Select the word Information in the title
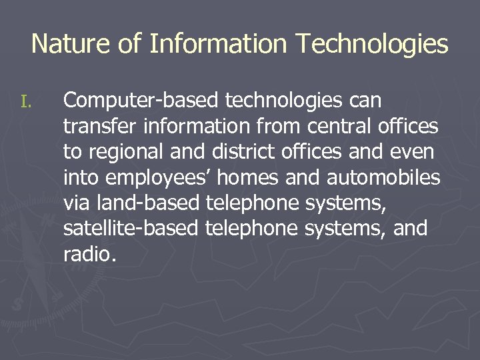click(x=219, y=44)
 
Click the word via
click(x=77, y=203)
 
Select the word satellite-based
click(x=131, y=228)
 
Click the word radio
click(x=89, y=253)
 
